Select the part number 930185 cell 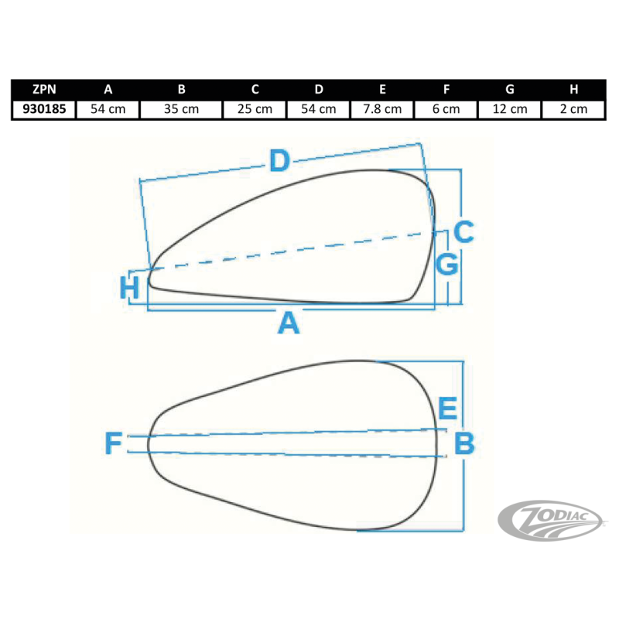coord(44,109)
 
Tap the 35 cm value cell coord(181,109)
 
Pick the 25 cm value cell coord(255,109)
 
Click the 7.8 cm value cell coord(382,109)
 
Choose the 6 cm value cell coord(446,109)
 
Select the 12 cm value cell coord(510,109)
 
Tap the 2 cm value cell coord(573,109)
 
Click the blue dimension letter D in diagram coord(279,161)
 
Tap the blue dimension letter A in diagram coord(289,323)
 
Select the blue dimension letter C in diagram coord(463,231)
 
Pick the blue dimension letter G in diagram coord(447,265)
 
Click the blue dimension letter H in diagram coord(131,289)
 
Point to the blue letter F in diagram coord(114,444)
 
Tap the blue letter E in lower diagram coord(447,408)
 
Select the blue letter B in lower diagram coord(463,443)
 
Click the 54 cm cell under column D coord(318,109)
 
